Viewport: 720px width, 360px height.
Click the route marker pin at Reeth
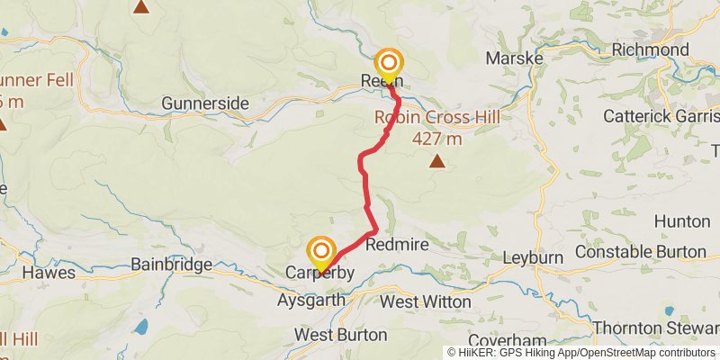pyautogui.click(x=389, y=64)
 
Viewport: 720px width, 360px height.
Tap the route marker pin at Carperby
pyautogui.click(x=321, y=252)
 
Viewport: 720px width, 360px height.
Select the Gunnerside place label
pyautogui.click(x=205, y=103)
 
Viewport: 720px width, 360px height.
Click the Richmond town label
pyautogui.click(x=650, y=49)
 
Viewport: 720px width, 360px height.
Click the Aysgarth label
pyautogui.click(x=311, y=299)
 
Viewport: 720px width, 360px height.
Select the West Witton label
pyautogui.click(x=426, y=301)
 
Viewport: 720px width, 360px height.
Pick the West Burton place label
pyautogui.click(x=341, y=335)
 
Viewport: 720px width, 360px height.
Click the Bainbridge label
pyautogui.click(x=171, y=265)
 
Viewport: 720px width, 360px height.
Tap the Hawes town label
pyautogui.click(x=42, y=272)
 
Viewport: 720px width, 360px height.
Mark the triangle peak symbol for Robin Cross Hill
pyautogui.click(x=437, y=162)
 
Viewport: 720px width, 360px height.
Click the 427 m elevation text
pyautogui.click(x=436, y=139)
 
